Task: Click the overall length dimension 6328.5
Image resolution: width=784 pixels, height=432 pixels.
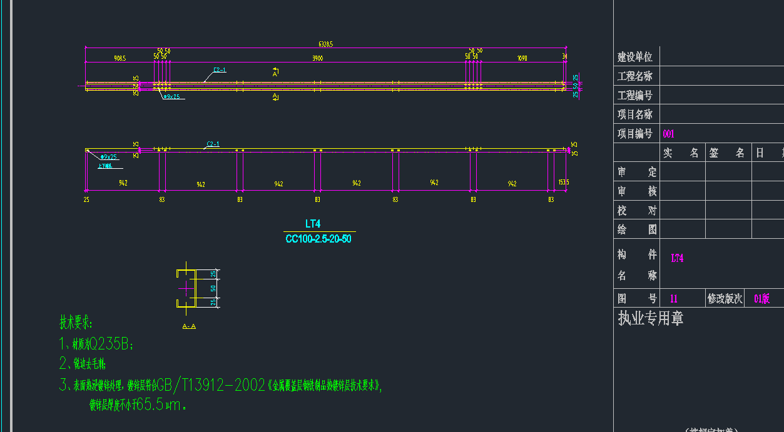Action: (325, 44)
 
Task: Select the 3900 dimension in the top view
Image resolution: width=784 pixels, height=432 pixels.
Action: (318, 58)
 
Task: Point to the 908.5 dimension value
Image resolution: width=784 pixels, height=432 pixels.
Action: (120, 58)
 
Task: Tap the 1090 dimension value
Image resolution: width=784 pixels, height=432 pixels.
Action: (522, 58)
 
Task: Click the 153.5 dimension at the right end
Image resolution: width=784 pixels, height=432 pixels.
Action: (563, 183)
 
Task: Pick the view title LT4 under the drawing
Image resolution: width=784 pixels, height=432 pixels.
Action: (313, 224)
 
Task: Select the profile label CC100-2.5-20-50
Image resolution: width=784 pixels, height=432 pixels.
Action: (318, 239)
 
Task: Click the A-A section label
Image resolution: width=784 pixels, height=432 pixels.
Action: (189, 326)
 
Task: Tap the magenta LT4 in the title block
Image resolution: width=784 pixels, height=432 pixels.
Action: (677, 258)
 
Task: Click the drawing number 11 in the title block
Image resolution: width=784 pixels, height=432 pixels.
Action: (674, 299)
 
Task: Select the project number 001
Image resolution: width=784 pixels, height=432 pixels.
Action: (668, 134)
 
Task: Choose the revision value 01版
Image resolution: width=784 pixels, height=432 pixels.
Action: (761, 299)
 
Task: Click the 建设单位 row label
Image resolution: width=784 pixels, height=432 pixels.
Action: (635, 57)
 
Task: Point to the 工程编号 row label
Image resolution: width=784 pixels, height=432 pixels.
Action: (635, 96)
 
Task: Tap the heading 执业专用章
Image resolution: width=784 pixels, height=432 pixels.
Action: (651, 318)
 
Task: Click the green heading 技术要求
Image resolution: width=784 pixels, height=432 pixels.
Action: (75, 323)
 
